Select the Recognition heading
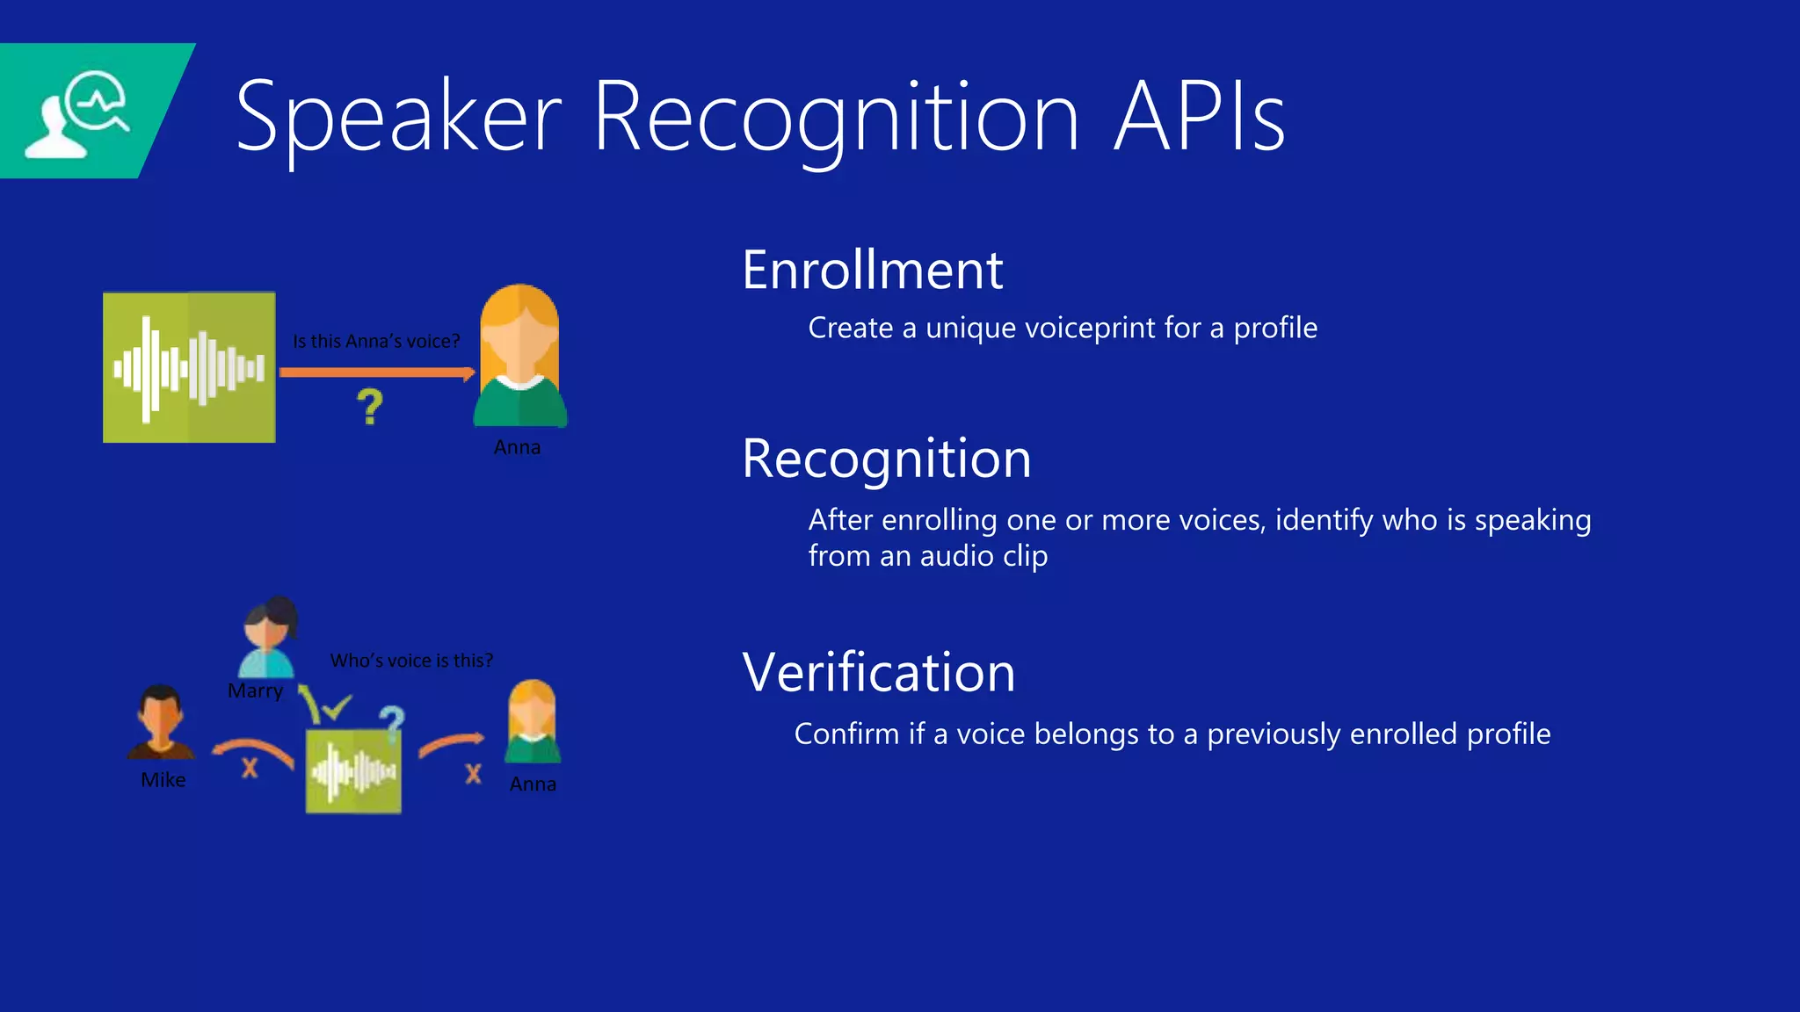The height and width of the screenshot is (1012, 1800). pos(886,459)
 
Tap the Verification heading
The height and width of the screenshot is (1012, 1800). pos(878,673)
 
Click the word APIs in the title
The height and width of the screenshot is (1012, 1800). pos(1199,117)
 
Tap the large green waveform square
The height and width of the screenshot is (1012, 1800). pos(189,367)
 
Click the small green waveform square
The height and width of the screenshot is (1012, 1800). pos(353,770)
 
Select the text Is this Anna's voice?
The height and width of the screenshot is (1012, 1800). pos(376,341)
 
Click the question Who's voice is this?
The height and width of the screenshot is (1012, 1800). pos(411,661)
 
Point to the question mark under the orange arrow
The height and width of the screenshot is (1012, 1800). pos(370,408)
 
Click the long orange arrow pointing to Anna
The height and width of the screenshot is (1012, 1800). pos(376,372)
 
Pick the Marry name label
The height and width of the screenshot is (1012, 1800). pos(255,691)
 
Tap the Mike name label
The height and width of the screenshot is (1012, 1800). pos(163,780)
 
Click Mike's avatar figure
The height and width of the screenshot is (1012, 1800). pos(161,722)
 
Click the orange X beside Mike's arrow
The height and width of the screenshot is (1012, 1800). pos(250,769)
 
